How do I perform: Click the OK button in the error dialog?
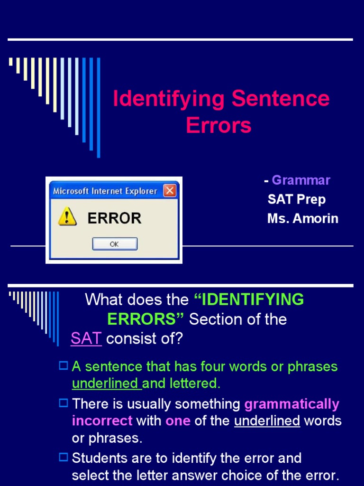click(115, 244)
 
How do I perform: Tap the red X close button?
click(170, 191)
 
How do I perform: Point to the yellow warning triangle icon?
click(67, 216)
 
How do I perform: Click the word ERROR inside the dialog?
click(114, 218)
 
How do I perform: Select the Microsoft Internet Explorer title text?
click(105, 191)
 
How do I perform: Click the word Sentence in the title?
click(281, 99)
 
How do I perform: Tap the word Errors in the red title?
click(218, 125)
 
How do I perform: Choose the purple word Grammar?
click(301, 180)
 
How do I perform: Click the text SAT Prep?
click(297, 199)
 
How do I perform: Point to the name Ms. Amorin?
click(303, 219)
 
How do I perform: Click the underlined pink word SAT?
click(86, 339)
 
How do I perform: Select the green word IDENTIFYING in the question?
click(249, 300)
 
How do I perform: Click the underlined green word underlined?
click(106, 384)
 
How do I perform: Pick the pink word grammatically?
click(292, 404)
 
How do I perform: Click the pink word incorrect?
click(102, 421)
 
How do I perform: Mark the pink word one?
click(178, 421)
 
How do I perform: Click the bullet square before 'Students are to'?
click(64, 458)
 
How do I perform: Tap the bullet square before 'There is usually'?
click(64, 403)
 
